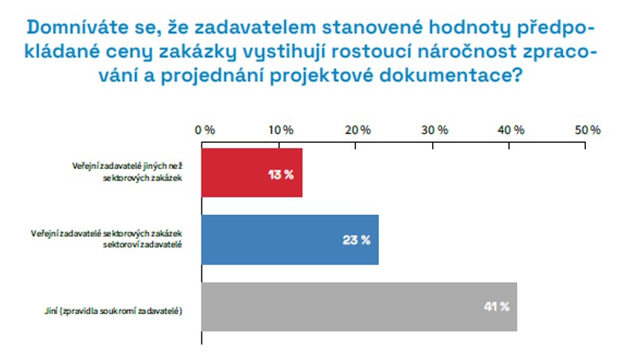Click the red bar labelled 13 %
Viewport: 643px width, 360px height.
click(x=252, y=173)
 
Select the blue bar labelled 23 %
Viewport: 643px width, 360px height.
click(x=290, y=239)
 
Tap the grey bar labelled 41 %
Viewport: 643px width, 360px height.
click(x=359, y=306)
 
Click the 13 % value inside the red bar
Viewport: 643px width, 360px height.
click(x=281, y=174)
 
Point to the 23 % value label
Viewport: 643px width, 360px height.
click(x=357, y=240)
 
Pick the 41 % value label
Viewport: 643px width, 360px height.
click(x=496, y=307)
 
